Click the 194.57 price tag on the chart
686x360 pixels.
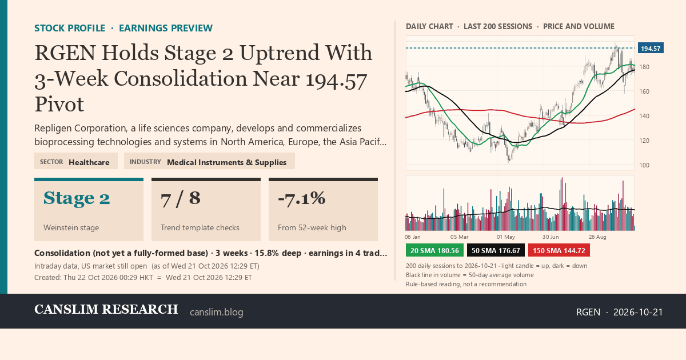(x=651, y=49)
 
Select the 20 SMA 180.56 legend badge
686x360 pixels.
(x=434, y=250)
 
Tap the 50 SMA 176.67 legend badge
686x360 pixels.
(x=496, y=250)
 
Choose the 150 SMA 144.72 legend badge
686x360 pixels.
(x=559, y=250)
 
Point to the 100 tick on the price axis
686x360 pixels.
(x=644, y=165)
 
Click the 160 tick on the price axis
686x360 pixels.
(x=644, y=91)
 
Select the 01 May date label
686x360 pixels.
(x=505, y=237)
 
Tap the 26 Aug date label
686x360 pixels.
(x=597, y=237)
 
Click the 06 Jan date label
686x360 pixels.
(x=413, y=237)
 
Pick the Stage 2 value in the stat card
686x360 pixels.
(x=77, y=198)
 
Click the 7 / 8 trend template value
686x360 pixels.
(x=181, y=198)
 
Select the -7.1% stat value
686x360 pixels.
(x=302, y=198)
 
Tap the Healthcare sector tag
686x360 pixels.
(x=89, y=162)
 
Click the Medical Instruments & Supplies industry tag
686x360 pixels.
(x=226, y=162)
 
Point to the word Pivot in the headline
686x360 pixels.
(x=59, y=105)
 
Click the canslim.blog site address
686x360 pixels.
(x=217, y=312)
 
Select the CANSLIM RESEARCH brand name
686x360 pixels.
(x=106, y=310)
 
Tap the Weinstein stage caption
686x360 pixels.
(x=71, y=228)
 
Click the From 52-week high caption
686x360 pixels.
(x=312, y=228)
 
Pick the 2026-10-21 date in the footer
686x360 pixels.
(x=638, y=312)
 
